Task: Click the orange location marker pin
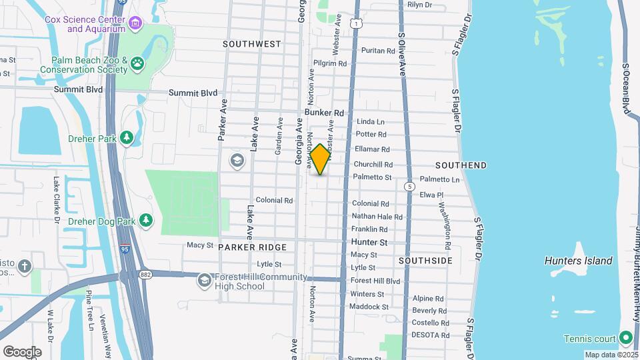pyautogui.click(x=320, y=159)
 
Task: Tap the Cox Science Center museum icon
pyautogui.click(x=136, y=25)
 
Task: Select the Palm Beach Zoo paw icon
pyautogui.click(x=137, y=64)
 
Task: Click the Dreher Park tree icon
pyautogui.click(x=126, y=138)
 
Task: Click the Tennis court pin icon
pyautogui.click(x=625, y=338)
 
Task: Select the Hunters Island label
pyautogui.click(x=578, y=261)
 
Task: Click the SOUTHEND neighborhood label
pyautogui.click(x=461, y=165)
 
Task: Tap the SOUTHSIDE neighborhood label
pyautogui.click(x=426, y=260)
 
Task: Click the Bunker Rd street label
pyautogui.click(x=324, y=113)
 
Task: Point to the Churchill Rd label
pyautogui.click(x=373, y=164)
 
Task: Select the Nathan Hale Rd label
pyautogui.click(x=377, y=217)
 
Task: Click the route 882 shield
pyautogui.click(x=145, y=275)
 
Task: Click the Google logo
pyautogui.click(x=22, y=351)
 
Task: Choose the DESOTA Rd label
pyautogui.click(x=431, y=335)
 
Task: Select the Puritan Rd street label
pyautogui.click(x=378, y=50)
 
